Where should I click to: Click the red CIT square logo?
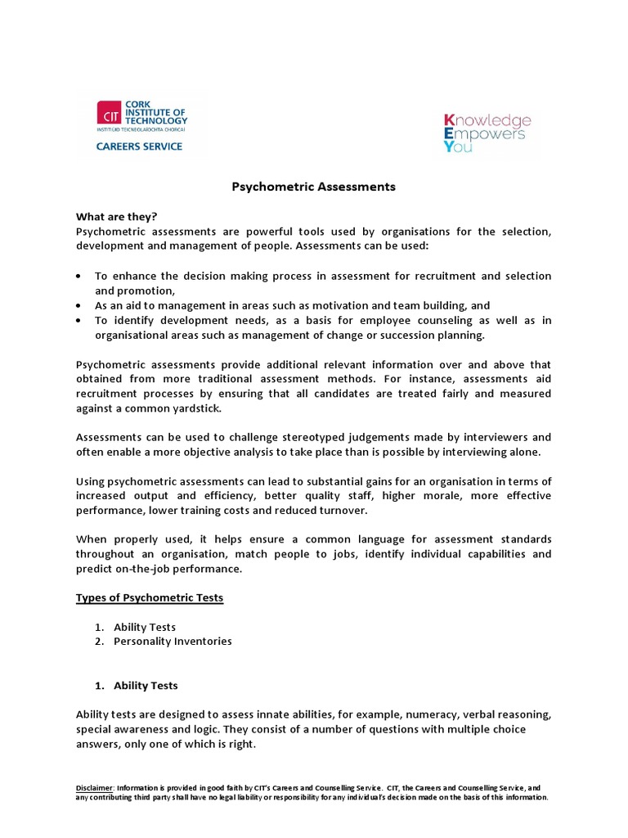tap(109, 114)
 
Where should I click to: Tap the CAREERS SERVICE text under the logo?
tap(140, 146)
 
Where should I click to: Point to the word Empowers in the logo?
tap(489, 134)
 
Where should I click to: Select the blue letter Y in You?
tap(446, 148)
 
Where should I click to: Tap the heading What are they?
tap(116, 217)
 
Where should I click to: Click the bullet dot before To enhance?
tap(78, 277)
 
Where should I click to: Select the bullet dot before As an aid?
tap(78, 305)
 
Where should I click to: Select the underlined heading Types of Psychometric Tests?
tap(150, 597)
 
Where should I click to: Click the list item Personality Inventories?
tap(173, 641)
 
